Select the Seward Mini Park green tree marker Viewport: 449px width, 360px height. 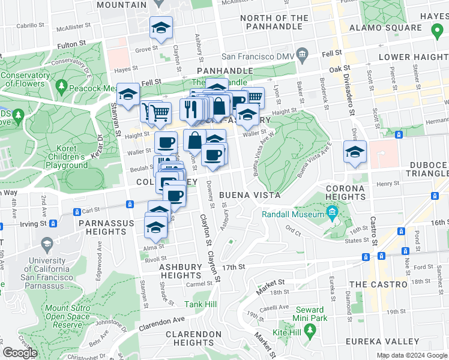[x=310, y=330]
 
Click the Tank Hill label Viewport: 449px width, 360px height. [x=200, y=304]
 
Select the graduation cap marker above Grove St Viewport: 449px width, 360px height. [x=161, y=29]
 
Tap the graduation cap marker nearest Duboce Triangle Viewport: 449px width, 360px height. [x=355, y=152]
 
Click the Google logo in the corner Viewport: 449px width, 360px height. [x=20, y=353]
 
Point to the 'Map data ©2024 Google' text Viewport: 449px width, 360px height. [x=412, y=355]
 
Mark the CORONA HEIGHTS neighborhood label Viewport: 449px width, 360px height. [x=345, y=192]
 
